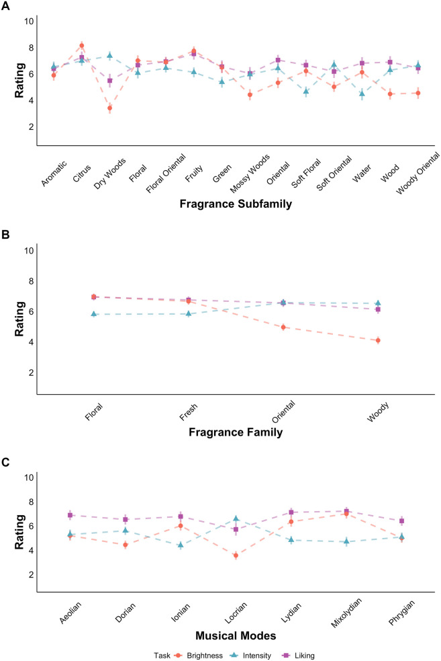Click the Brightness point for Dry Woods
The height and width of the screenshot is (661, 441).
click(x=109, y=108)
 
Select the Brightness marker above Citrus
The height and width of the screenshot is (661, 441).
click(x=81, y=46)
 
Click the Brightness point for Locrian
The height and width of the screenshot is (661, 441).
click(x=236, y=555)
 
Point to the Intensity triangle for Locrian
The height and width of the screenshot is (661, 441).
click(x=236, y=518)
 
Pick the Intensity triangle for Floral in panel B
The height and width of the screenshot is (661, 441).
click(x=94, y=314)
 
